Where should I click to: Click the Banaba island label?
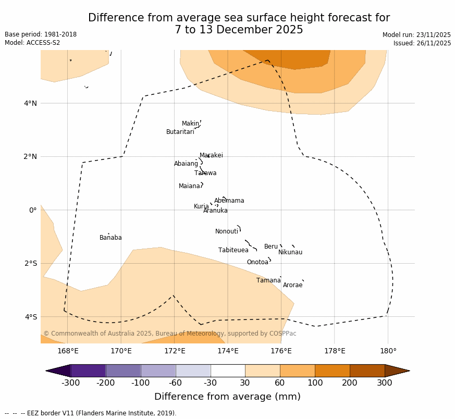[x=110, y=238]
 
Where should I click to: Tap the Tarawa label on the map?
[x=205, y=174]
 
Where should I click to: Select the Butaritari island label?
[x=180, y=132]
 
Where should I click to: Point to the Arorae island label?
[x=292, y=286]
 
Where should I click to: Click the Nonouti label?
[x=227, y=232]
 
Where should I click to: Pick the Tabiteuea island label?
[x=233, y=251]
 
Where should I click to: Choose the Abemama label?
[x=229, y=201]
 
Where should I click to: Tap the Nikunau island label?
[x=290, y=253]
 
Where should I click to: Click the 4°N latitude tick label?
[x=30, y=103]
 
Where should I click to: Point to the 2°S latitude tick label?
[x=30, y=263]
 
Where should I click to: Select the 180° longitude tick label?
[x=388, y=351]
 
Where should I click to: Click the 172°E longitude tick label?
[x=175, y=351]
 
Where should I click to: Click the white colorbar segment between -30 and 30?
[x=228, y=371]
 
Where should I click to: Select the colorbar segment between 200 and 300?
[x=367, y=371]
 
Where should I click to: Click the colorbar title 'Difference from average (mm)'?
[x=227, y=397]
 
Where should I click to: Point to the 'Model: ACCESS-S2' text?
[x=32, y=43]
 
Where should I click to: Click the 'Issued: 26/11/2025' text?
[x=422, y=43]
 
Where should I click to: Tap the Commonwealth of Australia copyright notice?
[x=169, y=334]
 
